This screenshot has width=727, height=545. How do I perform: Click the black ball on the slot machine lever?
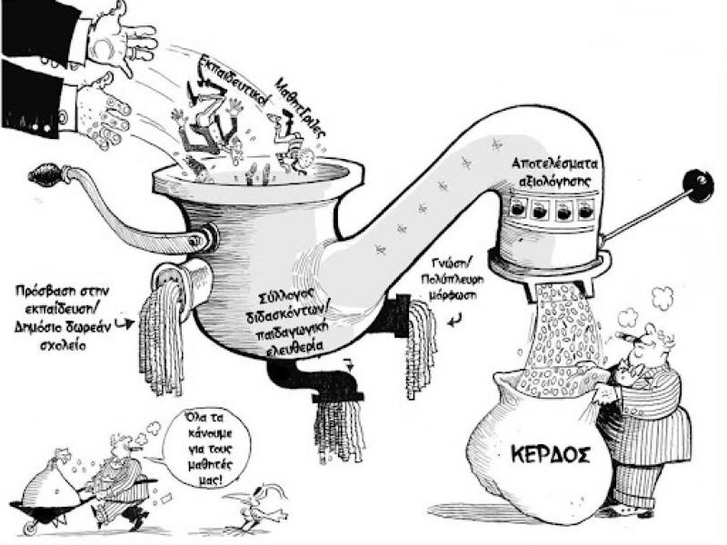698,185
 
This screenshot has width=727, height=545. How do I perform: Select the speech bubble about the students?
195,445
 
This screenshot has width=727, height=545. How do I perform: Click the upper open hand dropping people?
123,32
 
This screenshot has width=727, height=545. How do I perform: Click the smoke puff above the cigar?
662,296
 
